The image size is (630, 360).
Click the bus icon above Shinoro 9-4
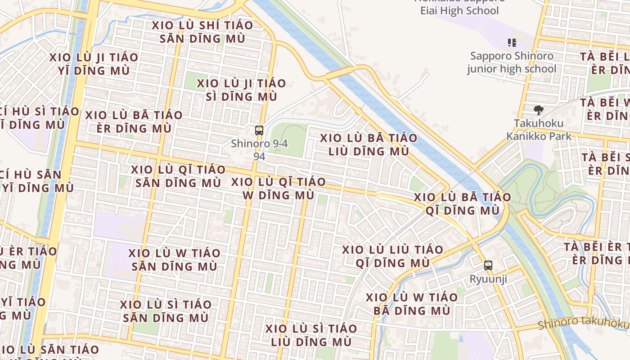[259, 130]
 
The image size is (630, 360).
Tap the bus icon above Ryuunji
[488, 265]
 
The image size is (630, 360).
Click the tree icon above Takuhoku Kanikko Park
[538, 110]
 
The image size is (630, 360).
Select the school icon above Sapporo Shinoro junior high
[512, 43]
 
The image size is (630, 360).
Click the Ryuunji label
[488, 279]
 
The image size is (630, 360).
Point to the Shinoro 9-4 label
[259, 144]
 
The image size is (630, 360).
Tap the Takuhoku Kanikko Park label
[539, 130]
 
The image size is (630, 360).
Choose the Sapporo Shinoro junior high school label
[512, 63]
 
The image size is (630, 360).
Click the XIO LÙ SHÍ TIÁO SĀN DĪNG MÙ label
[202, 32]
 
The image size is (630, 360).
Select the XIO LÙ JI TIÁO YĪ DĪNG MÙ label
[94, 64]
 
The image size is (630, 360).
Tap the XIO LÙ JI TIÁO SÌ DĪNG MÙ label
[241, 90]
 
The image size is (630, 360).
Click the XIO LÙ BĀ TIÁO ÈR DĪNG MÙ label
[134, 121]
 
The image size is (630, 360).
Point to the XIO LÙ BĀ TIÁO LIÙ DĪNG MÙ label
[369, 144]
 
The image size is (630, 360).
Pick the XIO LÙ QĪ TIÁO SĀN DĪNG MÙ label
[178, 176]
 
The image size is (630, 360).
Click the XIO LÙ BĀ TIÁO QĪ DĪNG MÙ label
[462, 203]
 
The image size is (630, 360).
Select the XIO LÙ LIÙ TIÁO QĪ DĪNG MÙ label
[392, 256]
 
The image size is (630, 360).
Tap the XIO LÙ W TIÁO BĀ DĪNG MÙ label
[411, 304]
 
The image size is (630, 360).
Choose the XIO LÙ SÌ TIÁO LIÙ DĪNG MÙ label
[310, 335]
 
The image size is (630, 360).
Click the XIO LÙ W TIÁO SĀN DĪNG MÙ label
[174, 260]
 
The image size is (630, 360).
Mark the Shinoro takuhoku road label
[584, 322]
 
